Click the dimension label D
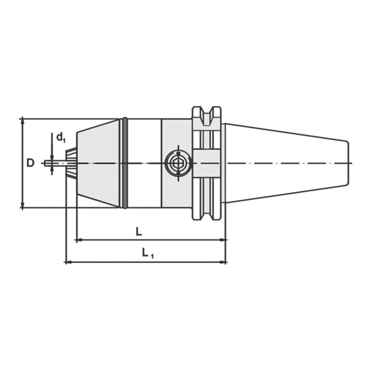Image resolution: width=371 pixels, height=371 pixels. click(x=30, y=163)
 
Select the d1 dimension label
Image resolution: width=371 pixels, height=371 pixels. click(x=60, y=137)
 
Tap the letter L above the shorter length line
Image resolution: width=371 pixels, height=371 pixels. click(x=139, y=232)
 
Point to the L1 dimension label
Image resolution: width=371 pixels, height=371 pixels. click(x=147, y=253)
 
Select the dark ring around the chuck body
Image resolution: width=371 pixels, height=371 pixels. click(x=125, y=163)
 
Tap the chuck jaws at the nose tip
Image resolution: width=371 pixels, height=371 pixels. click(x=72, y=163)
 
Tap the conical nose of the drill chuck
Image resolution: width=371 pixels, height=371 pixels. click(x=98, y=163)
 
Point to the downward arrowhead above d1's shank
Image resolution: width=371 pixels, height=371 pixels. click(x=52, y=157)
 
